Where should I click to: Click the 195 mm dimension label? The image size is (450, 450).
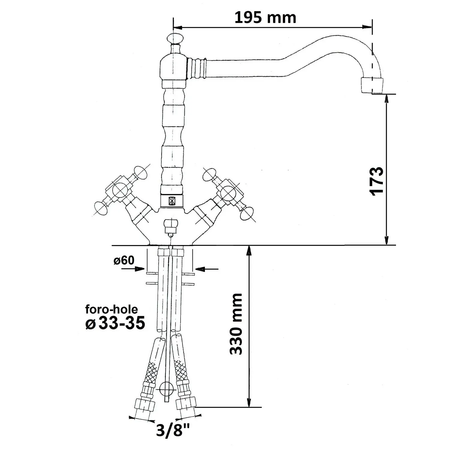(265, 18)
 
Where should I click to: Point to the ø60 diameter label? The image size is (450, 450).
(124, 260)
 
